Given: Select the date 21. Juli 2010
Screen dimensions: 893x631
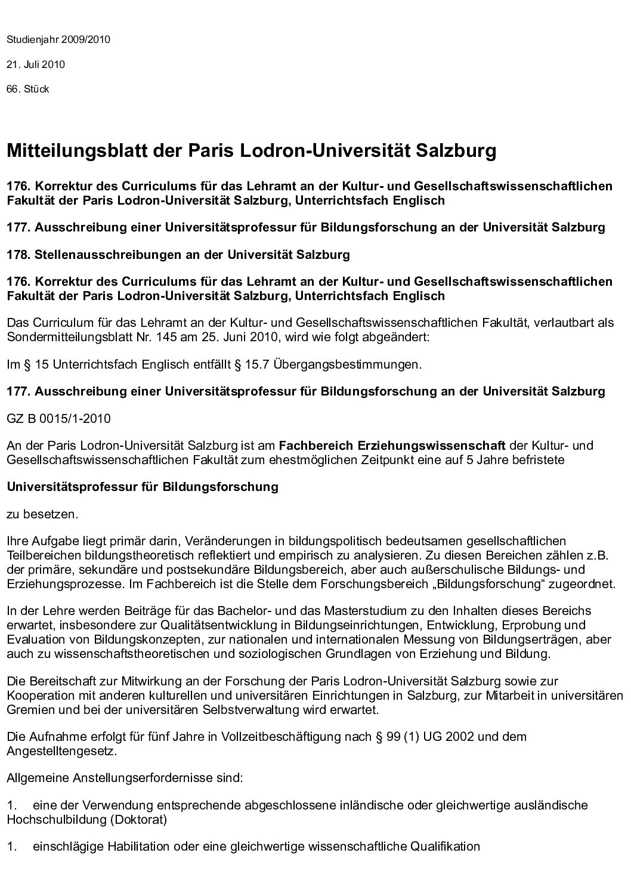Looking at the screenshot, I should pyautogui.click(x=36, y=64).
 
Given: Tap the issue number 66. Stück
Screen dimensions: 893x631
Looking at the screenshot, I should pyautogui.click(x=27, y=89).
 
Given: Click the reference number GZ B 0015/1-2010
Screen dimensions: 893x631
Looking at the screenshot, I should pyautogui.click(x=58, y=418).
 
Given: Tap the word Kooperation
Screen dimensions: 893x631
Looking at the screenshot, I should pyautogui.click(x=37, y=696).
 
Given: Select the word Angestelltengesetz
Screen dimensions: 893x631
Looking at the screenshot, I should pyautogui.click(x=60, y=750).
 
